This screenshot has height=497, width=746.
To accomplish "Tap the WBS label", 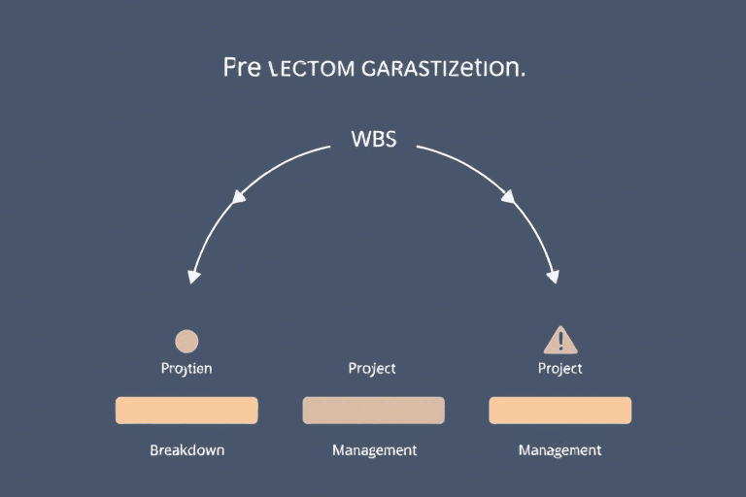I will [373, 139].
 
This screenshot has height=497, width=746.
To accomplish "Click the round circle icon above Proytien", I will [186, 341].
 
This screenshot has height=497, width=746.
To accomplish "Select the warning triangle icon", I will [559, 340].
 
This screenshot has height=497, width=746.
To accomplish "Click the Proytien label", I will [186, 369].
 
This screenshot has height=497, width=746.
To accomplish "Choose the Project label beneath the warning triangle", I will [559, 369].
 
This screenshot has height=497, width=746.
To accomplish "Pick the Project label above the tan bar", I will [373, 369].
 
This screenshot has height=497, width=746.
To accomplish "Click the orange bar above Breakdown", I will [186, 410].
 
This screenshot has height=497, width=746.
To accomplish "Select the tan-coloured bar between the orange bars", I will [373, 410].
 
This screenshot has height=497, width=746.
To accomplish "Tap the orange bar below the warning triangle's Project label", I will [559, 410].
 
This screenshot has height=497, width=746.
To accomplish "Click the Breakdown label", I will [186, 450].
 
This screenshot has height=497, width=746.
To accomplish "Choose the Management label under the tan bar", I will [374, 450].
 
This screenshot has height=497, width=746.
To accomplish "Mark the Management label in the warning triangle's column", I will [559, 450].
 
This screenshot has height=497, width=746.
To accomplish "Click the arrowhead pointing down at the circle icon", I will [194, 276].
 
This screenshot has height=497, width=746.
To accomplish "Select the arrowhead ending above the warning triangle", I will [553, 276].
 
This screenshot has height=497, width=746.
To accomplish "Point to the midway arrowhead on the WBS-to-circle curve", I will [237, 197].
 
